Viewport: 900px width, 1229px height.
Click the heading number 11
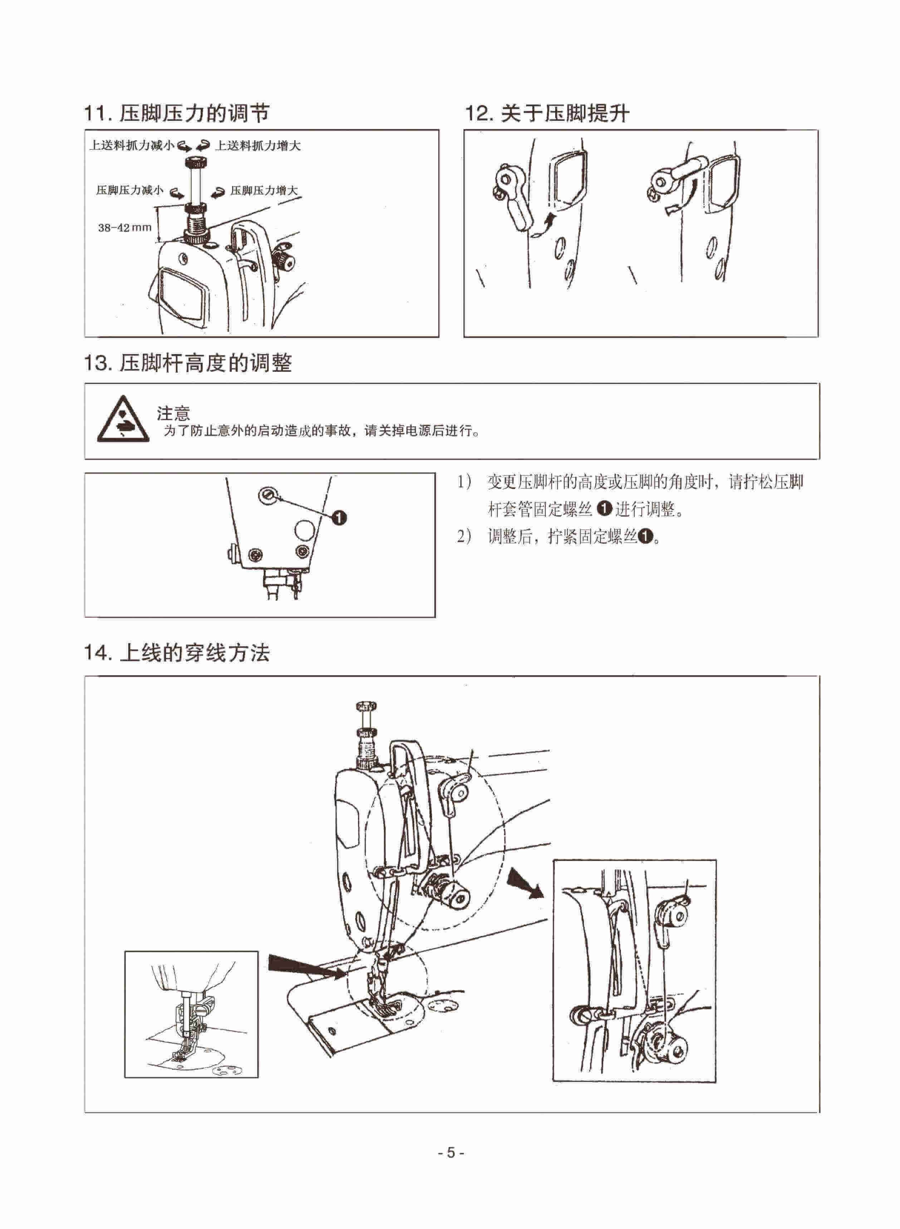[97, 113]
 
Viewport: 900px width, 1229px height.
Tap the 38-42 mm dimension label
[125, 228]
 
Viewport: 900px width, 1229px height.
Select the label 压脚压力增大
[264, 191]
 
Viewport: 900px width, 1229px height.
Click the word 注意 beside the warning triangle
[173, 413]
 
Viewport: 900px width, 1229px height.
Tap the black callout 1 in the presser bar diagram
[339, 517]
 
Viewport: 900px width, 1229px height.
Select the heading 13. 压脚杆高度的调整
[188, 363]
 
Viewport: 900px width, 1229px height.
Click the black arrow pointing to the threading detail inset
[525, 883]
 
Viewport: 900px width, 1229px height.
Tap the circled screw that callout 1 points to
[267, 495]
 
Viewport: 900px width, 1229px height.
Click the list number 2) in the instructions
[464, 537]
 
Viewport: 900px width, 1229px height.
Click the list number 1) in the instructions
[464, 482]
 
